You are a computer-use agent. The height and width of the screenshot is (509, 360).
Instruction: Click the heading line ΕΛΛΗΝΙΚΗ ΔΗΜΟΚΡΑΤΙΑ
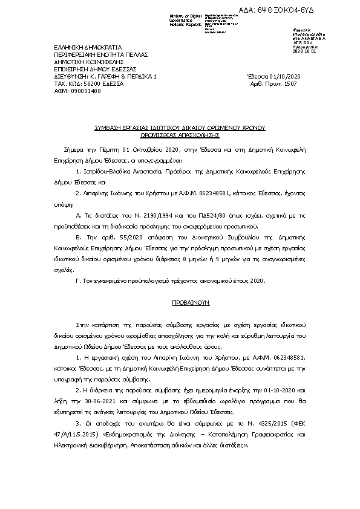tap(88, 47)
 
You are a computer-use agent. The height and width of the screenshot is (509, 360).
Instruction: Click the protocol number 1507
tap(290, 83)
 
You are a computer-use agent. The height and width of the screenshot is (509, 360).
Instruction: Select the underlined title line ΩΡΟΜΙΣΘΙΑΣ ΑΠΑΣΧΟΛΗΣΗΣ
tap(180, 136)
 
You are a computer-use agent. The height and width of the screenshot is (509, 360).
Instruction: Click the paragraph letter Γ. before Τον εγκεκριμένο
tap(77, 281)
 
